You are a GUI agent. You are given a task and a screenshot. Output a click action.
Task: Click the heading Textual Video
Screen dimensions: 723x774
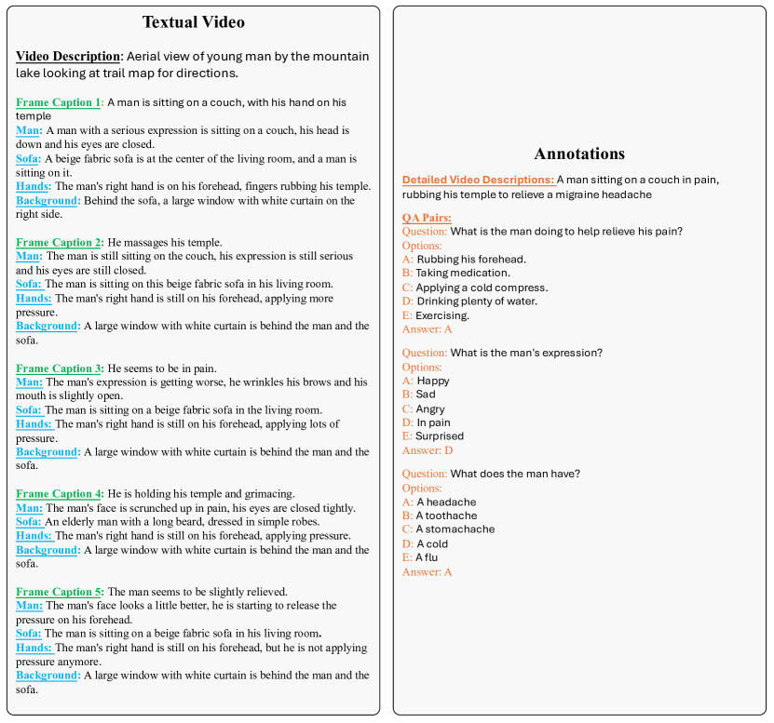coord(193,21)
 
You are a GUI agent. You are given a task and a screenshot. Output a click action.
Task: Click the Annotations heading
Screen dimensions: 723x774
coord(579,154)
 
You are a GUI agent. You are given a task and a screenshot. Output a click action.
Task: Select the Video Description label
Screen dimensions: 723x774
coord(68,57)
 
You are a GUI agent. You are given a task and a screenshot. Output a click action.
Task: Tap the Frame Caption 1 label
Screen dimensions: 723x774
coord(59,102)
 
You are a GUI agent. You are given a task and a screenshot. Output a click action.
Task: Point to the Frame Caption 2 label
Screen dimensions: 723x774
coord(59,242)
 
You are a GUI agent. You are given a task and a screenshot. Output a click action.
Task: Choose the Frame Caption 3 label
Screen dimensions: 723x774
coord(59,368)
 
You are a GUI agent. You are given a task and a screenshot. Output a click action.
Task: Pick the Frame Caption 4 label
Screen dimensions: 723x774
coord(59,493)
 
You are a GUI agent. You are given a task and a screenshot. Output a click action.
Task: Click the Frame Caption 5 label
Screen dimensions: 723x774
coord(59,591)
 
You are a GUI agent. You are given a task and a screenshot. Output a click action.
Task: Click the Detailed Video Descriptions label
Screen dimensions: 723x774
coord(478,180)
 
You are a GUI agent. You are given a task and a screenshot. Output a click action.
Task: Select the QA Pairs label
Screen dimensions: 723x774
coord(427,218)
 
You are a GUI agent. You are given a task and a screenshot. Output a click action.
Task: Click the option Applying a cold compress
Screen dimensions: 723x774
coord(482,288)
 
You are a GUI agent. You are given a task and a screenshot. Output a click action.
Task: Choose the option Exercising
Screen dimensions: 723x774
coord(442,315)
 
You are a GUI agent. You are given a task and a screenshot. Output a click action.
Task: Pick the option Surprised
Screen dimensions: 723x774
coord(439,436)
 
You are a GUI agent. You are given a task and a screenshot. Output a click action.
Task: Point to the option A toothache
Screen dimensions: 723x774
coord(446,515)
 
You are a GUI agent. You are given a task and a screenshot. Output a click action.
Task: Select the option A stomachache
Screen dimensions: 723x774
coord(455,529)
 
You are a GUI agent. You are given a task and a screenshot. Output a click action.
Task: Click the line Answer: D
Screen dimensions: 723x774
coord(428,450)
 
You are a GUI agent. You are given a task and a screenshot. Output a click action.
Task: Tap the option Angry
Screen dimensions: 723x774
coord(430,409)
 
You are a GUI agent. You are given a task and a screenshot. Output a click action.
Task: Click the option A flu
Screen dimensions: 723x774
coord(427,557)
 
